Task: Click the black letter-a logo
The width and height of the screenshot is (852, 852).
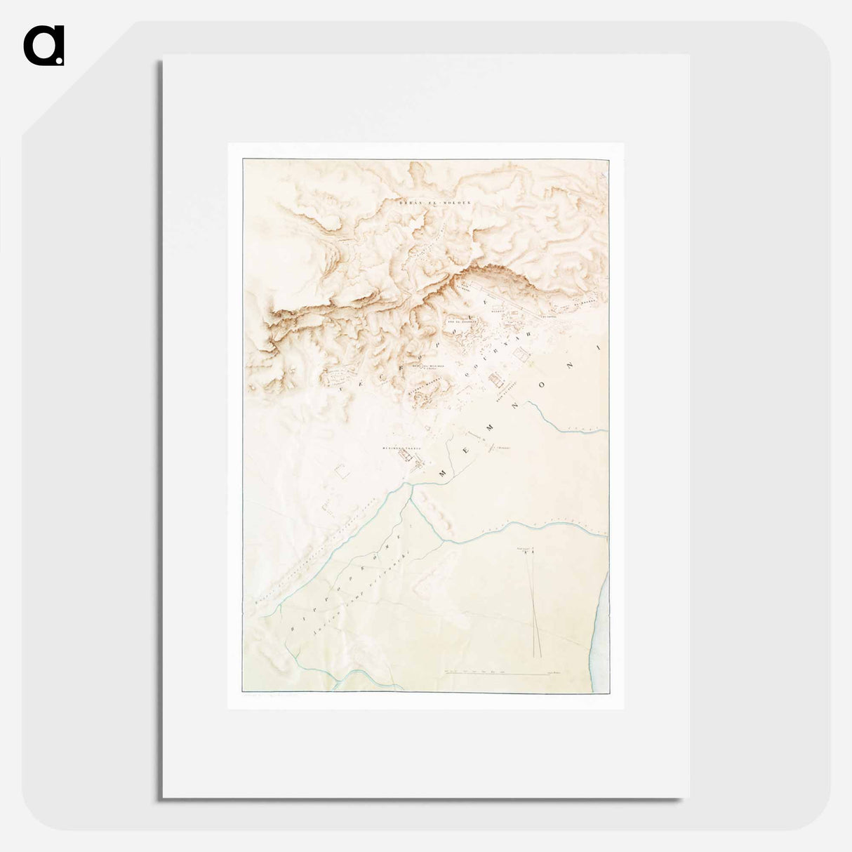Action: (x=44, y=46)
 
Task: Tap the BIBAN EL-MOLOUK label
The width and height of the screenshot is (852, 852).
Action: (x=435, y=202)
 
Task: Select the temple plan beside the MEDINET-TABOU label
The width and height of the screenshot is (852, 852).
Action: (x=406, y=455)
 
